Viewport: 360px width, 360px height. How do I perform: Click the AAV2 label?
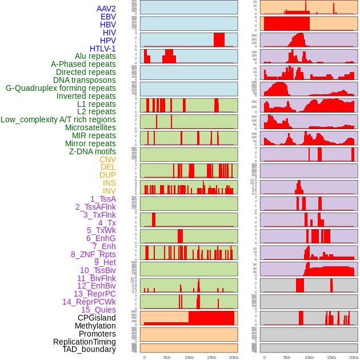coord(106,9)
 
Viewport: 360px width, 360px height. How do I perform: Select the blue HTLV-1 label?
coord(103,49)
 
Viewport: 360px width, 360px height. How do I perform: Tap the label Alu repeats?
coord(95,57)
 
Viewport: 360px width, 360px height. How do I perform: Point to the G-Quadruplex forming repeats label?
coord(61,88)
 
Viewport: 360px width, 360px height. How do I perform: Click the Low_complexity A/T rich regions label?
coord(58,119)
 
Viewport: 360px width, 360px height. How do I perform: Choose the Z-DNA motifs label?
coord(93,151)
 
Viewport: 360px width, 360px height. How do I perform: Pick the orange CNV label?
coord(107,159)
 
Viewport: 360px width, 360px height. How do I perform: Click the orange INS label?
coord(109,183)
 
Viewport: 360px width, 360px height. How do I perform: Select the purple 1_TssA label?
coord(103,199)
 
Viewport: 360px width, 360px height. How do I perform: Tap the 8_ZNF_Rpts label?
coord(93,254)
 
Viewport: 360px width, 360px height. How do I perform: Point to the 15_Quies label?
coord(98,310)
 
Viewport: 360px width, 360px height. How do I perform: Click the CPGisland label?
coord(97,318)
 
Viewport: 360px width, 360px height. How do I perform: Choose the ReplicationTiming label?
coord(85,342)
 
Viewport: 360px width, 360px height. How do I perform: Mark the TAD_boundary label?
coord(89,349)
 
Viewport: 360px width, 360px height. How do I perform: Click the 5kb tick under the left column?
coord(167,358)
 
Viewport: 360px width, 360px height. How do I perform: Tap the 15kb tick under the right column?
coord(331,358)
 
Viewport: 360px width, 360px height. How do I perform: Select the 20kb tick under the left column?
coord(234,358)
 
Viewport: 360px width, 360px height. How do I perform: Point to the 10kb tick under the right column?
coord(309,358)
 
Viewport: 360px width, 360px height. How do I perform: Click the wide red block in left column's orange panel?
coord(211,318)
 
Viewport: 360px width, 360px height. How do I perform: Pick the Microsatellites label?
coord(90,127)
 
